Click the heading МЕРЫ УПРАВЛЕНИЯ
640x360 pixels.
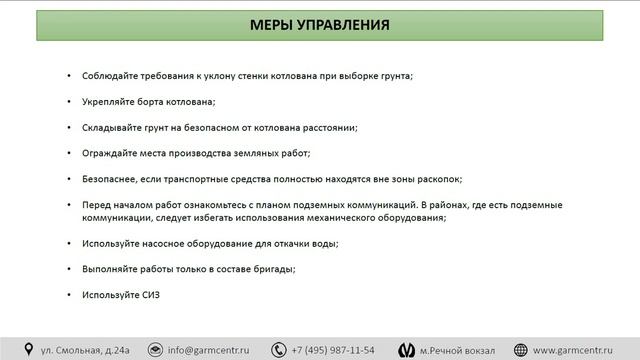pyautogui.click(x=321, y=25)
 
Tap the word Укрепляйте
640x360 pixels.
pyautogui.click(x=107, y=102)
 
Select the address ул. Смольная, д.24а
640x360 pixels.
pyautogui.click(x=85, y=350)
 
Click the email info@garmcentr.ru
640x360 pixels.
pyautogui.click(x=208, y=350)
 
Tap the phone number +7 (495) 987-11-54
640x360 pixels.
pyautogui.click(x=333, y=350)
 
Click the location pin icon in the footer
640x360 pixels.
pyautogui.click(x=29, y=350)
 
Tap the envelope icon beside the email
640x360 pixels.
pyautogui.click(x=155, y=350)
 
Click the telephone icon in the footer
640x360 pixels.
pyautogui.click(x=278, y=350)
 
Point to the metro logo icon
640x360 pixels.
pyautogui.click(x=406, y=350)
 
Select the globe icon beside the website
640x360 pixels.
pyautogui.click(x=520, y=350)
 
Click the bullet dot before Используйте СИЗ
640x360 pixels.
pyautogui.click(x=69, y=294)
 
